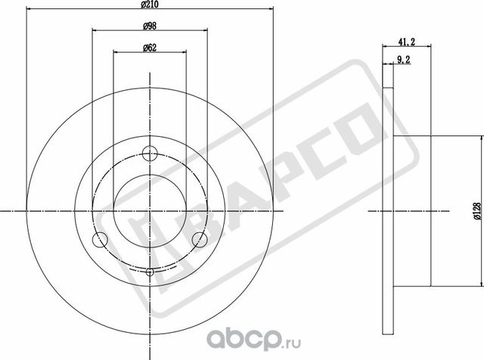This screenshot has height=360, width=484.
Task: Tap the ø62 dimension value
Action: (149, 47)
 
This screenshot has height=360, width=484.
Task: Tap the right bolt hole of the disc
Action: (200, 240)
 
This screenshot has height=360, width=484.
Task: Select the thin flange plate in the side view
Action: (388, 209)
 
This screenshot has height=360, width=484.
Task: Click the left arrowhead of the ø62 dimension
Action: (115, 51)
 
